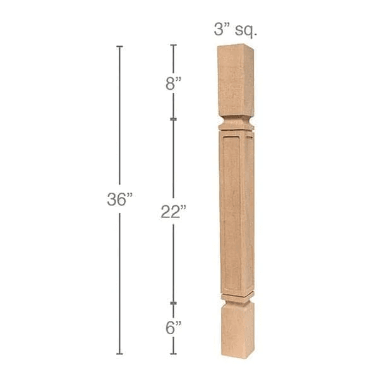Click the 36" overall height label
point(120,199)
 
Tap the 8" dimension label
point(173,83)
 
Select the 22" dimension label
point(173,212)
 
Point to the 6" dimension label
point(173,328)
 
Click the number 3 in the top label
point(219,30)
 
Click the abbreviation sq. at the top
point(246,30)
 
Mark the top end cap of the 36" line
point(119,46)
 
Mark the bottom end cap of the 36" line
point(119,354)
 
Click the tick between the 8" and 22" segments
point(173,119)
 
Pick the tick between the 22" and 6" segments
point(173,303)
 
